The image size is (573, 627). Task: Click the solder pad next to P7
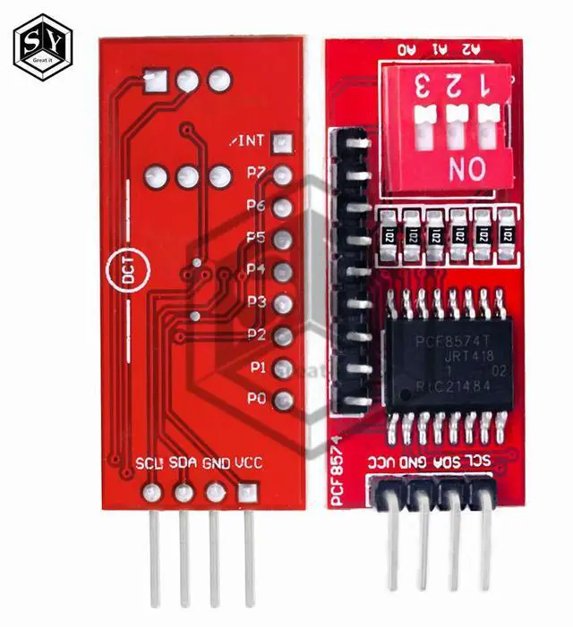(284, 175)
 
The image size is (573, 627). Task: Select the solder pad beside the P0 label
(284, 401)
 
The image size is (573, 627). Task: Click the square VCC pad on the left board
(245, 493)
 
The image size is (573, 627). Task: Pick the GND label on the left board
(217, 463)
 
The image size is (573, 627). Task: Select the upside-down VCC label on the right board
(381, 462)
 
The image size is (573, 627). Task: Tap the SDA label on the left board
(184, 463)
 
